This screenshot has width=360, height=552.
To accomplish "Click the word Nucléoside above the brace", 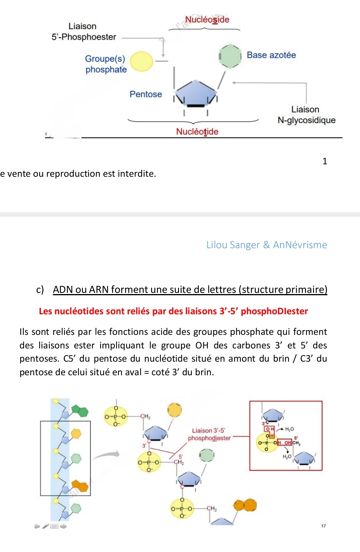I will pos(207,19).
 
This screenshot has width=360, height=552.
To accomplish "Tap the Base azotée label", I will pos(271,55).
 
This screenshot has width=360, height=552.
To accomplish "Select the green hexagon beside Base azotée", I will pos(230,56).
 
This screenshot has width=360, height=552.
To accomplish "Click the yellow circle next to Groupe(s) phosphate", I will pos(141,62).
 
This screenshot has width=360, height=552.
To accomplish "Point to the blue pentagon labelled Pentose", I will pos(195,93).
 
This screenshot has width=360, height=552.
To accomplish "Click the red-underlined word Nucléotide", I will pos(197,132).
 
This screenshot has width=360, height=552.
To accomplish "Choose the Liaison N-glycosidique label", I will pos(306,115).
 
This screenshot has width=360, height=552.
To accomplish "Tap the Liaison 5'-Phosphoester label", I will pos(83,31).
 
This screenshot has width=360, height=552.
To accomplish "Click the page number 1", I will pos(325,161).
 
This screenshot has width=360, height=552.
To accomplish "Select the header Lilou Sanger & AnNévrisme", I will pos(266,245).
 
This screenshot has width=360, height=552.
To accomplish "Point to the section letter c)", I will pos(40,290).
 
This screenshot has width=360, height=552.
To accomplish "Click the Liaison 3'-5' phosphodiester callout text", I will pos(209,434).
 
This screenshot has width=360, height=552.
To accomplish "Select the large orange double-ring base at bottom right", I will pos(245,505).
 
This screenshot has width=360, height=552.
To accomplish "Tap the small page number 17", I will pos(323,526).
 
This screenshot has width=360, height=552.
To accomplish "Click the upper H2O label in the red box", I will pos(289,429).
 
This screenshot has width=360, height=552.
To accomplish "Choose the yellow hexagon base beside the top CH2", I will pos(174,409).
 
